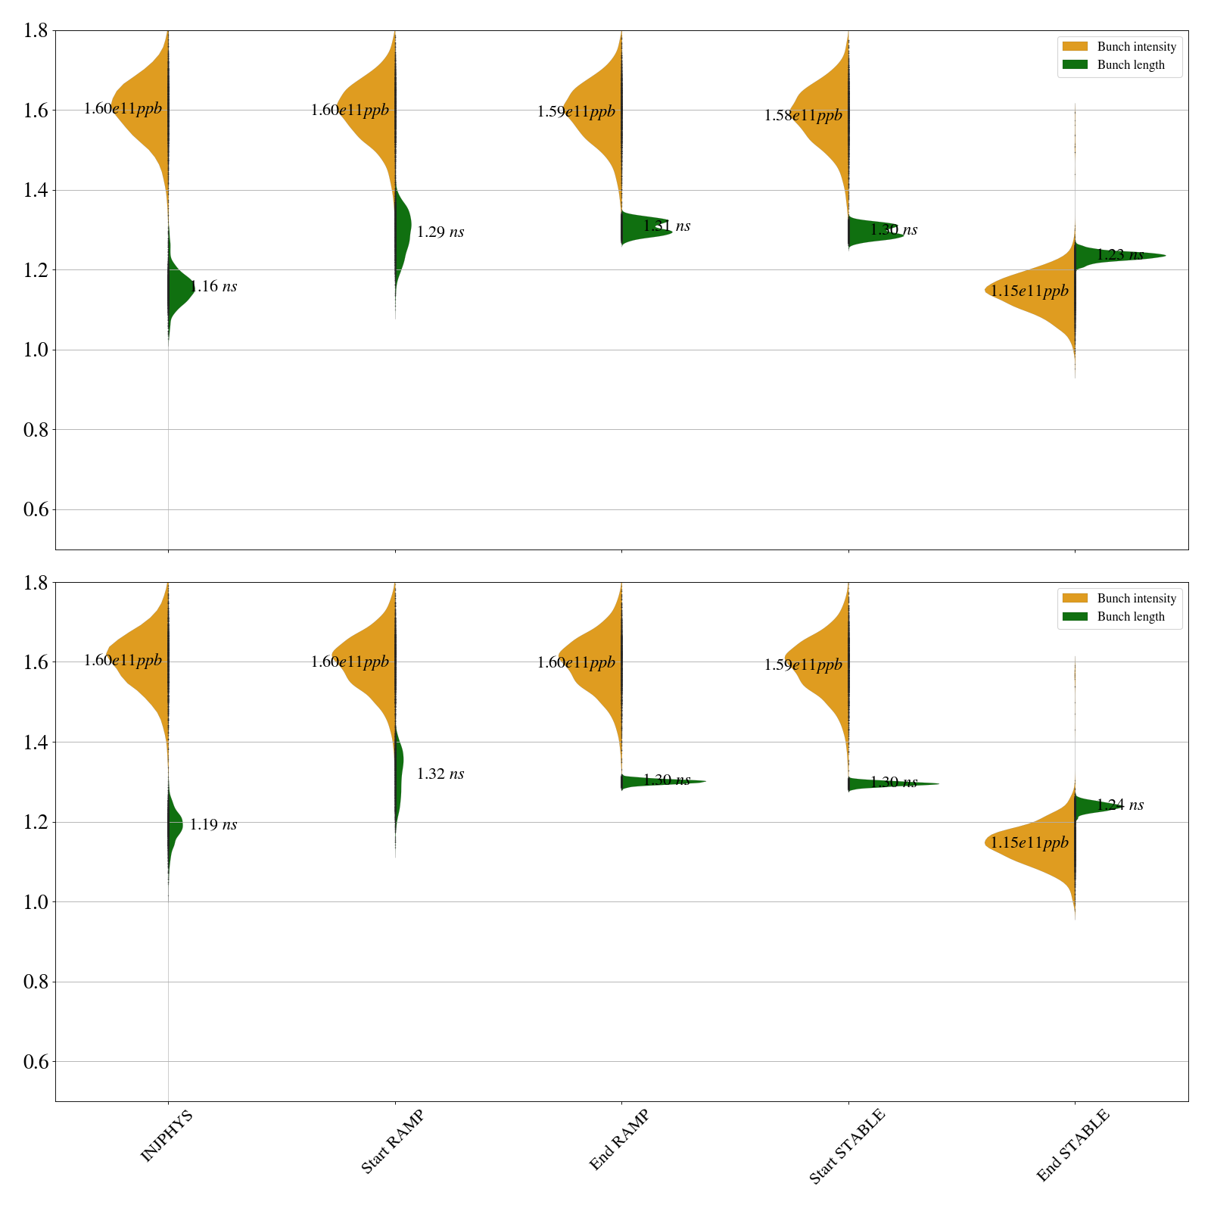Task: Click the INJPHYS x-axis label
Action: click(167, 1135)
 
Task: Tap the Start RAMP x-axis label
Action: click(392, 1141)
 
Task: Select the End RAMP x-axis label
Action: click(619, 1140)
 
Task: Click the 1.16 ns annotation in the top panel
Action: click(213, 286)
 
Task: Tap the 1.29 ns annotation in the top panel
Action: click(441, 232)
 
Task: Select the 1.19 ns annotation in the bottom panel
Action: click(213, 825)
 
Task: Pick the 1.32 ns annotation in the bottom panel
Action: click(441, 774)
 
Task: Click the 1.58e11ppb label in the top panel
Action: click(803, 116)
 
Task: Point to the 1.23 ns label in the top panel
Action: click(1120, 255)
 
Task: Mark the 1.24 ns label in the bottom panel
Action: click(1120, 805)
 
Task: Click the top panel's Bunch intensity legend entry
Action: click(1136, 47)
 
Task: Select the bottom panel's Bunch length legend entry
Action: click(1131, 617)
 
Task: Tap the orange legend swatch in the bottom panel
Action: click(1075, 599)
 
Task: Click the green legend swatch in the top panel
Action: click(1075, 65)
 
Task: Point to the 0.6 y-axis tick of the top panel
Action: click(36, 509)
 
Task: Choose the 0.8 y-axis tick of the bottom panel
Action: click(36, 982)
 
